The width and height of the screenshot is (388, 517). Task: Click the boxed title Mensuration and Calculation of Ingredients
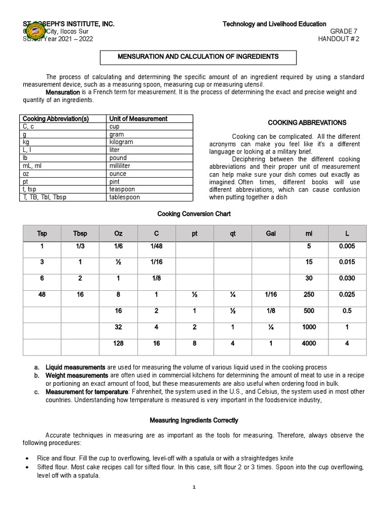198,57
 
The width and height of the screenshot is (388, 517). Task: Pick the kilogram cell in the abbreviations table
121,142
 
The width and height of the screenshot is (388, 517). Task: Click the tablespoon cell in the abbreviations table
125,197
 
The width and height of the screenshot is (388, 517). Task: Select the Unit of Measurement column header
138,119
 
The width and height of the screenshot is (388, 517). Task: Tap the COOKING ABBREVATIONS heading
307,123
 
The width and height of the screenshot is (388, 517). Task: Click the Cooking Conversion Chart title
194,214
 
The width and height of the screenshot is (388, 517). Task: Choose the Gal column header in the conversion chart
271,234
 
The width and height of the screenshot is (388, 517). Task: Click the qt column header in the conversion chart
233,234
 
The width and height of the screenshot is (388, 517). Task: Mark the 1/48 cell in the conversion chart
157,246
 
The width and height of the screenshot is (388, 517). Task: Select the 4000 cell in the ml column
309,343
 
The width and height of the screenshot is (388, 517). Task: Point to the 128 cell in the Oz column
118,343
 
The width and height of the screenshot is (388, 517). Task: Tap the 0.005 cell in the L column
347,246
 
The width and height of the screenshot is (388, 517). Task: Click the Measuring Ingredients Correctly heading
194,420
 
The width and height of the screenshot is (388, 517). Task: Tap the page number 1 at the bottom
194,487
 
